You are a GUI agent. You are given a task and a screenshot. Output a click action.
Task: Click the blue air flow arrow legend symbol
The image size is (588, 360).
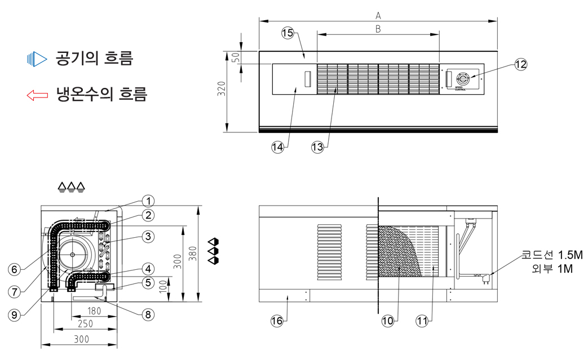37,58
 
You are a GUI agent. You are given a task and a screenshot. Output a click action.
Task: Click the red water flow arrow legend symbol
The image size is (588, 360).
37,95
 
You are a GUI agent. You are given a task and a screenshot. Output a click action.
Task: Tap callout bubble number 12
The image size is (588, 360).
520,64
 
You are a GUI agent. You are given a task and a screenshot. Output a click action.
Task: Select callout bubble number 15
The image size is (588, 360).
288,33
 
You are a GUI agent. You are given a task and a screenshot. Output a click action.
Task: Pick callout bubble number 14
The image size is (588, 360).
277,147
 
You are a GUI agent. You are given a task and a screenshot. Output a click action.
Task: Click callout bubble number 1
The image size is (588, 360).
148,201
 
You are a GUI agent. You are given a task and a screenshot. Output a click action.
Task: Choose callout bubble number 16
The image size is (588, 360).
276,321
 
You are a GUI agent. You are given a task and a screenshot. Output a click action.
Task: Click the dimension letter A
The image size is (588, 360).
378,15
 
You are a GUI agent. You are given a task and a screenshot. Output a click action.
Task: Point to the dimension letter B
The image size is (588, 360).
378,28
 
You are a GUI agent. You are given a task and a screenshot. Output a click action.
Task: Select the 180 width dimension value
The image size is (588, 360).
94,311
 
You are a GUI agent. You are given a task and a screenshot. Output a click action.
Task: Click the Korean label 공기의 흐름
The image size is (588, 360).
94,58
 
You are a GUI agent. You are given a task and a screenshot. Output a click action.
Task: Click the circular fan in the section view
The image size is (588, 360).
73,254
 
